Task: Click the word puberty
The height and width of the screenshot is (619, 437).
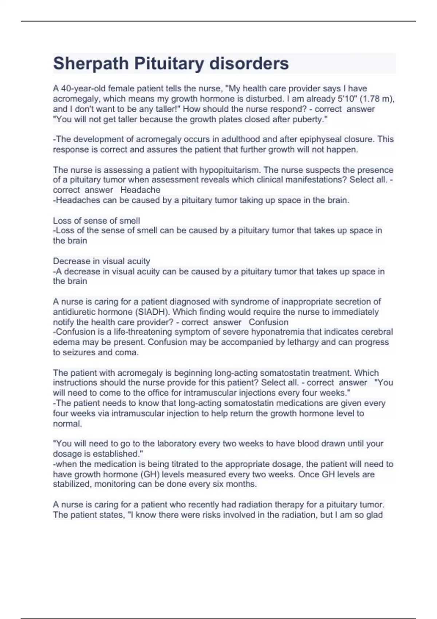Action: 308,119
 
